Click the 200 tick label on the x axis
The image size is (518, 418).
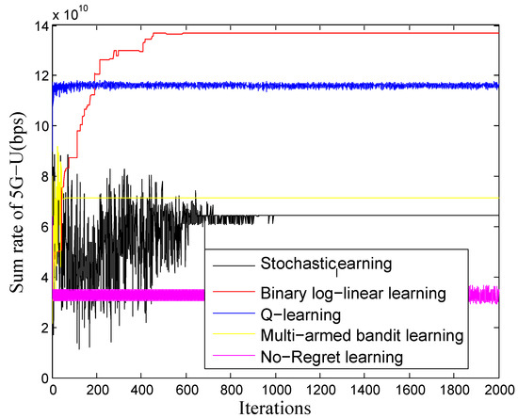click(x=98, y=389)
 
